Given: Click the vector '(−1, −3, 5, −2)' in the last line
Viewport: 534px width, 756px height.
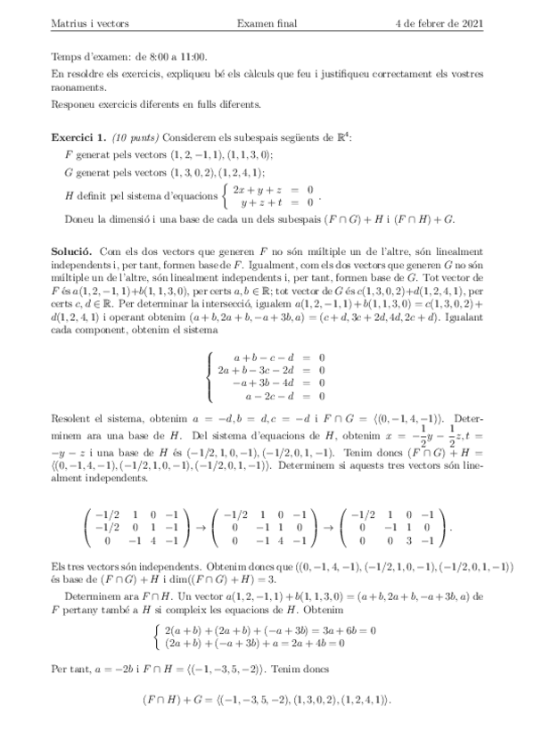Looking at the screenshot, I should [251, 701].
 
